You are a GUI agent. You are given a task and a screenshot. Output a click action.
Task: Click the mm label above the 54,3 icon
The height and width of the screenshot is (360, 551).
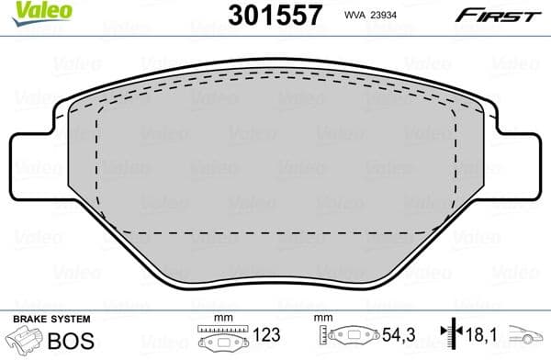coord(322,318)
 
